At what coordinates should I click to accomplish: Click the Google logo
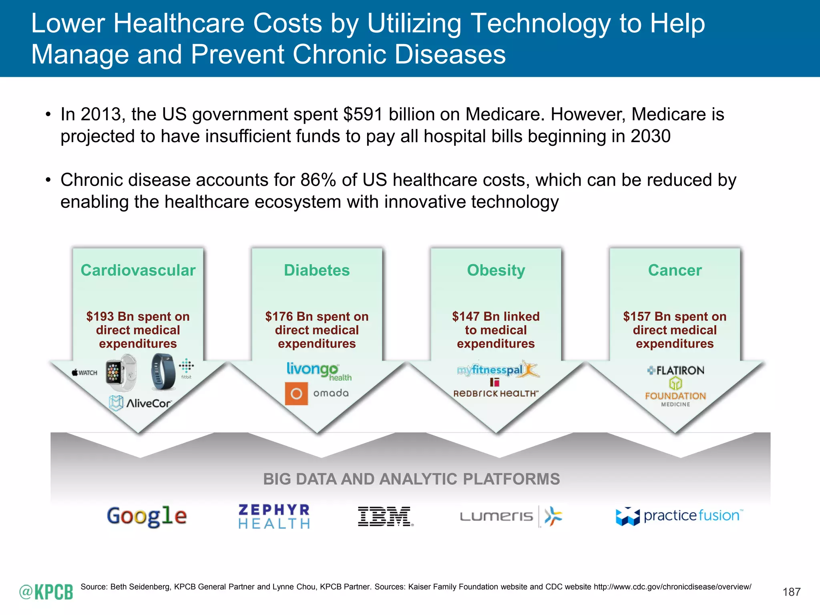[x=147, y=516]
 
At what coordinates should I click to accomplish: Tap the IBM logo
[x=385, y=516]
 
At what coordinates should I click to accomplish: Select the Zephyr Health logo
[x=274, y=517]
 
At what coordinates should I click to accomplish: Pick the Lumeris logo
[x=511, y=517]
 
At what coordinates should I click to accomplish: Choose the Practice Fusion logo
[x=679, y=516]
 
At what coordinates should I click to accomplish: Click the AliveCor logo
[x=141, y=403]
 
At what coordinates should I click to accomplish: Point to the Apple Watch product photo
[x=121, y=373]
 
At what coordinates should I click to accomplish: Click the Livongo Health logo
[x=318, y=371]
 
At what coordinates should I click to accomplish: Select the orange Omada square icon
[x=296, y=394]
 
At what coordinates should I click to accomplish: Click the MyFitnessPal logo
[x=498, y=370]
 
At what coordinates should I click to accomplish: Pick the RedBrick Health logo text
[x=496, y=394]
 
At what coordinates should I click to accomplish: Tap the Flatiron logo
[x=675, y=370]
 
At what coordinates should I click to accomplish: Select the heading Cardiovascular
[x=138, y=270]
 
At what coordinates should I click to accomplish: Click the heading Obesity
[x=496, y=270]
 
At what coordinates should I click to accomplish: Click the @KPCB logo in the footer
[x=46, y=592]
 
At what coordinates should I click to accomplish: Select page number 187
[x=791, y=592]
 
